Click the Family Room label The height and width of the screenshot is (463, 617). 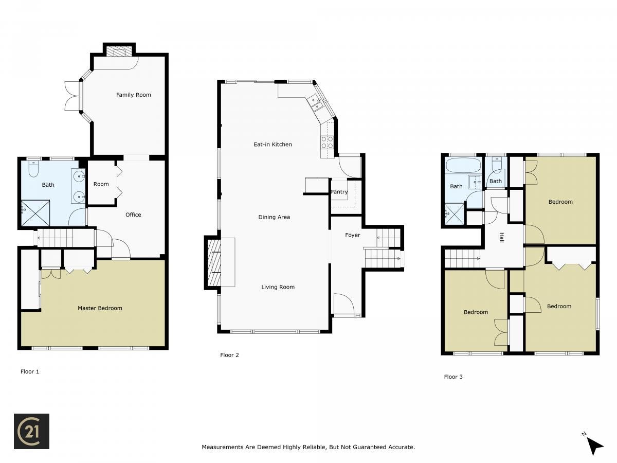coord(134,95)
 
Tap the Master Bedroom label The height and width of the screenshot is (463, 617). coord(100,308)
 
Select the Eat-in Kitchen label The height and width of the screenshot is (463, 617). coord(273,145)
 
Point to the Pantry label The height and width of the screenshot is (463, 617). coord(339,192)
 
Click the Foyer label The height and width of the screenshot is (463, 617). coord(353,235)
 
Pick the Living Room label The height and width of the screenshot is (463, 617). coord(278,287)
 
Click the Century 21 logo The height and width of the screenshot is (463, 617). coord(31,431)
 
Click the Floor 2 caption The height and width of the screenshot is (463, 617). coord(229,355)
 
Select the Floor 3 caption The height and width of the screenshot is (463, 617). coord(453,377)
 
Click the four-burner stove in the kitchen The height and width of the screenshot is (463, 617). coord(327,142)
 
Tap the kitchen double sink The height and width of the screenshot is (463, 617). coord(316,103)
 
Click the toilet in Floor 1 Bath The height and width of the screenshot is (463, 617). coord(33,169)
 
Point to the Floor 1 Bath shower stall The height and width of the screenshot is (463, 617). coord(35,213)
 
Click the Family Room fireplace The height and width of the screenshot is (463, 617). coord(119,51)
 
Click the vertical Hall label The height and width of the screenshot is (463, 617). coord(502,237)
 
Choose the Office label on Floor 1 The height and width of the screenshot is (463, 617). coord(133,215)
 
